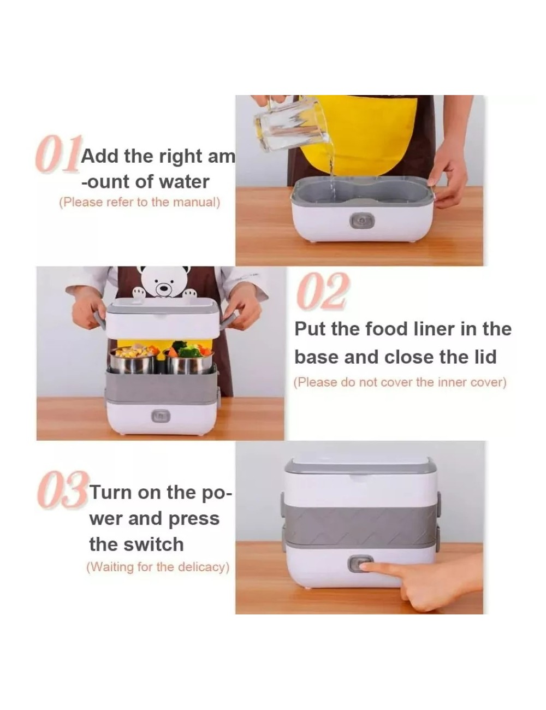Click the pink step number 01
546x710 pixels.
pyautogui.click(x=58, y=153)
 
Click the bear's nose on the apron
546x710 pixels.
pyautogui.click(x=162, y=288)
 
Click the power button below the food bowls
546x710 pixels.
pyautogui.click(x=161, y=416)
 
